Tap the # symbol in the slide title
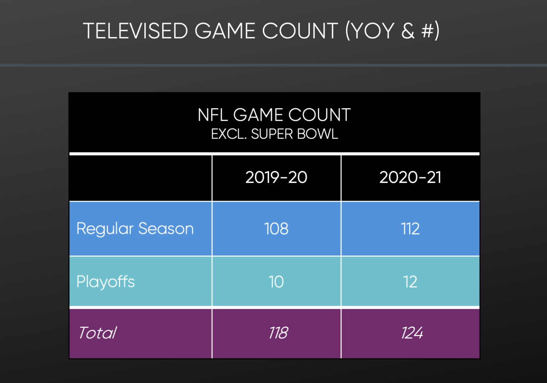pos(427,31)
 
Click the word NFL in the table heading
pos(213,115)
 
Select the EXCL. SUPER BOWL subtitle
pos(274,134)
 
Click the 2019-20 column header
pos(276,177)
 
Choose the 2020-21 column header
pos(410,177)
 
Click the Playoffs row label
pos(105,282)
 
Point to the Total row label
pos(97,333)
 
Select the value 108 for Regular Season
pos(276,229)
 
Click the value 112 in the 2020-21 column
pos(410,229)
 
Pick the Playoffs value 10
pos(276,282)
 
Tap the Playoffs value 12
pos(410,282)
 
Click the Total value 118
pos(278,333)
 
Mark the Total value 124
pos(412,333)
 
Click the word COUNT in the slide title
pos(300,31)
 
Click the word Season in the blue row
pos(166,229)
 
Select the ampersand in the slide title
pos(408,31)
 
